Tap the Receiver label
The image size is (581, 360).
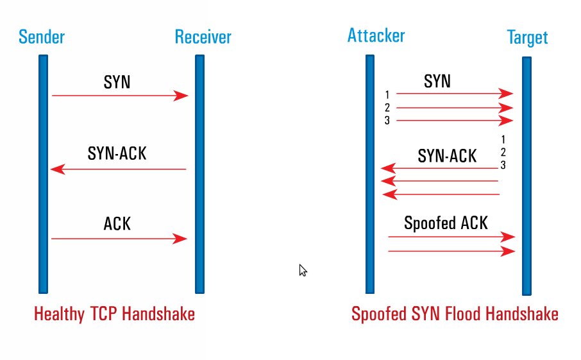pyautogui.click(x=203, y=37)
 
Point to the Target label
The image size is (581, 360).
pyautogui.click(x=527, y=37)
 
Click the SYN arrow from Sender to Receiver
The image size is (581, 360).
pyautogui.click(x=119, y=96)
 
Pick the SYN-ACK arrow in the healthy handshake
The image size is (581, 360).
pyautogui.click(x=119, y=170)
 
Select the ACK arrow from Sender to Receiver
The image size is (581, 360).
pyautogui.click(x=119, y=239)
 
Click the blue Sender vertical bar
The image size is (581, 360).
pyautogui.click(x=43, y=173)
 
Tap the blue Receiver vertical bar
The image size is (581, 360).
pyautogui.click(x=200, y=173)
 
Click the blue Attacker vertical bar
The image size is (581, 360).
pyautogui.click(x=370, y=173)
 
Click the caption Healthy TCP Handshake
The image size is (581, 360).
pyautogui.click(x=114, y=314)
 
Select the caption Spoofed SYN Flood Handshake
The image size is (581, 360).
pyautogui.click(x=455, y=314)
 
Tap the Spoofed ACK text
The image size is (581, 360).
pyautogui.click(x=446, y=223)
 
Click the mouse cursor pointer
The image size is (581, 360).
pyautogui.click(x=303, y=270)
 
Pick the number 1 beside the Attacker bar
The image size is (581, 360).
pyautogui.click(x=387, y=96)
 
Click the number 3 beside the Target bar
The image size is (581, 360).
pyautogui.click(x=503, y=165)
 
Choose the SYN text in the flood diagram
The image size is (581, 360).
pyautogui.click(x=437, y=81)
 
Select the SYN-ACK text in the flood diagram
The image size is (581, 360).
pyautogui.click(x=447, y=156)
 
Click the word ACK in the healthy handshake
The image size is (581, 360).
pyautogui.click(x=117, y=223)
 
